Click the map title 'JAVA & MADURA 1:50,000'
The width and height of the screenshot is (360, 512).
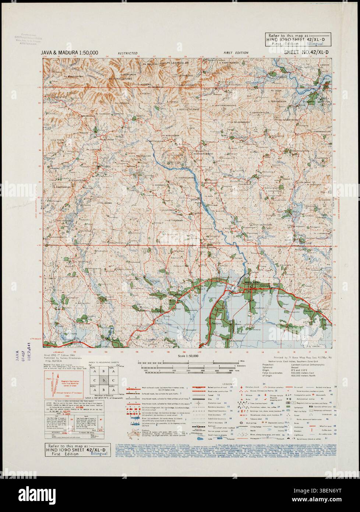pos(70,53)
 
